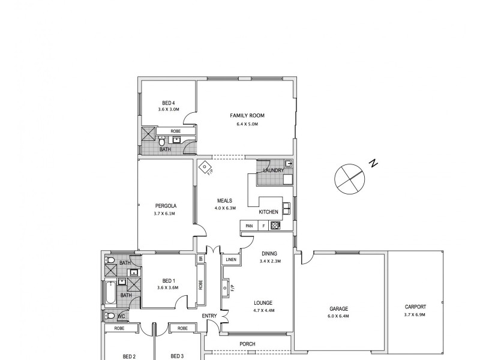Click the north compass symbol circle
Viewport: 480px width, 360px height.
click(349, 178)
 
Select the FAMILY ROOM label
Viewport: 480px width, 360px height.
click(247, 115)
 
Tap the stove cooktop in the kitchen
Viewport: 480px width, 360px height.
click(276, 226)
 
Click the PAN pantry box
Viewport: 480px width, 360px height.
click(248, 226)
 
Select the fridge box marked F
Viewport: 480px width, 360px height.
click(263, 226)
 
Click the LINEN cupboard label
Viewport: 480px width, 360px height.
click(231, 260)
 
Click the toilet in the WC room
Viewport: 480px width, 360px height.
click(110, 316)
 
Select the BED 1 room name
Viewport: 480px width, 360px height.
click(168, 280)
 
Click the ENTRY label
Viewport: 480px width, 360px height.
click(209, 316)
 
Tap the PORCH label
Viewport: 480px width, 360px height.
click(247, 344)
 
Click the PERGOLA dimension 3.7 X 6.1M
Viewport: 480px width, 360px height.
click(166, 213)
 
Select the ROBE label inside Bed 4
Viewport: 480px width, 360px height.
click(175, 131)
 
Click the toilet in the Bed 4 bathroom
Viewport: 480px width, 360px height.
click(161, 141)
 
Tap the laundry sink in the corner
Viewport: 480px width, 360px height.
click(289, 164)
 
